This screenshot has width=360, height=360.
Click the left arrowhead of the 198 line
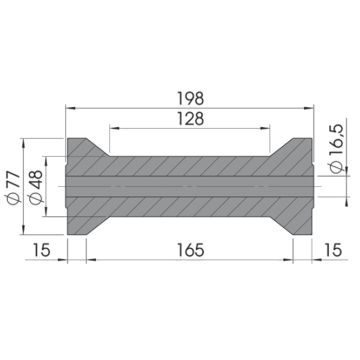(70, 107)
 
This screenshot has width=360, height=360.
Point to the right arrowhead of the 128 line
(266, 127)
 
